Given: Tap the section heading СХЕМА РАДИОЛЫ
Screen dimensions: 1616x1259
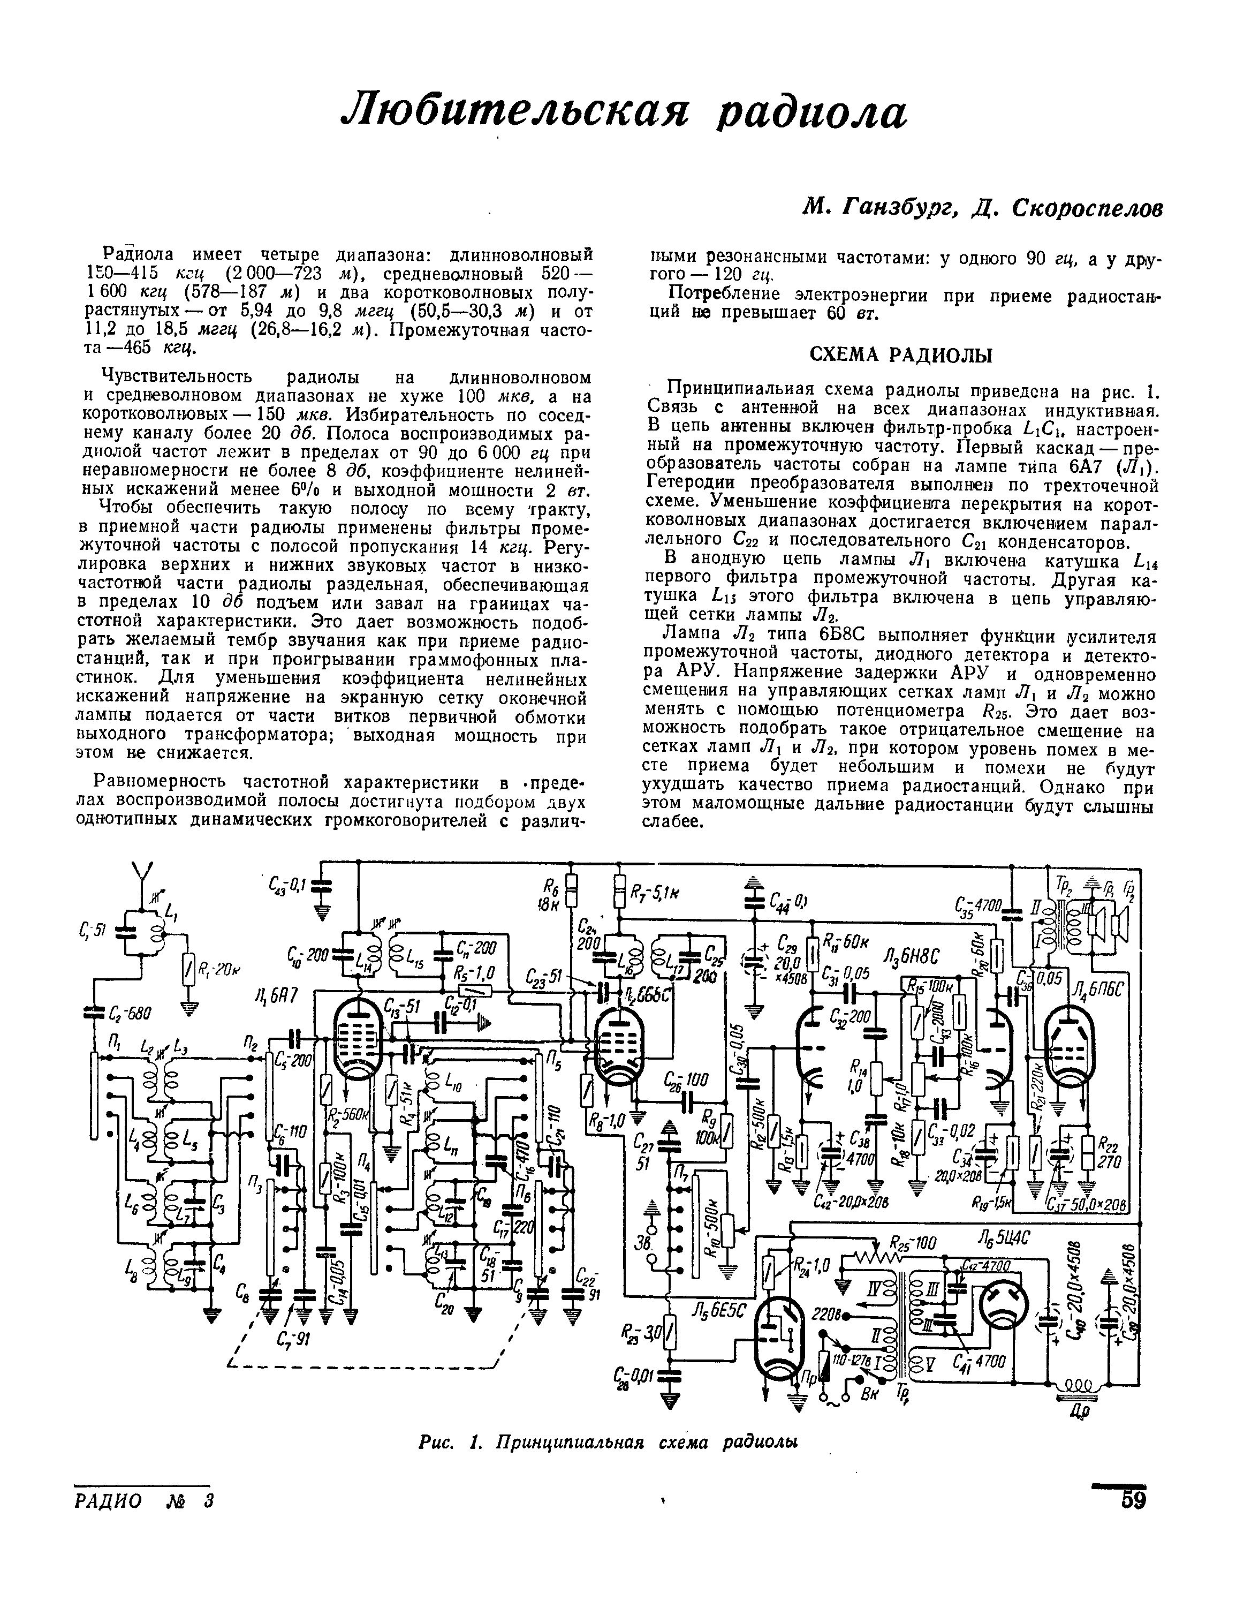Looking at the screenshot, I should pos(901,356).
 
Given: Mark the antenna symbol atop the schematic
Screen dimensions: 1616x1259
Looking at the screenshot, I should pos(141,874).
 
